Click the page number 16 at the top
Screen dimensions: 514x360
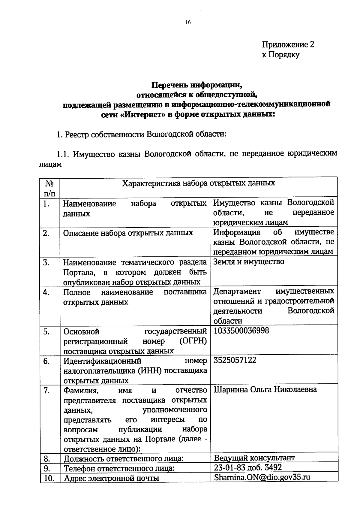(x=188, y=22)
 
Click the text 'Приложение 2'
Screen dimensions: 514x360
(x=288, y=45)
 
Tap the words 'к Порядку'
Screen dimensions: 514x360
(x=280, y=55)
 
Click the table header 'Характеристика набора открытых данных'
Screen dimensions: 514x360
(x=198, y=183)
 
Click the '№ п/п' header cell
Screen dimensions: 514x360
(x=50, y=188)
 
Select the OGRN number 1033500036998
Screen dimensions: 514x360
(x=241, y=331)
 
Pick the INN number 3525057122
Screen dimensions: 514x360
(x=235, y=360)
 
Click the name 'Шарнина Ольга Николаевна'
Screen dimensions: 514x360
(x=265, y=390)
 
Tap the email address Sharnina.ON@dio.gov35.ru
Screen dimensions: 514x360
(x=262, y=477)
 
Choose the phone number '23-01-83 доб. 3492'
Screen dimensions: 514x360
(x=248, y=467)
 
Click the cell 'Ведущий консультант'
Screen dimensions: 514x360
(x=254, y=458)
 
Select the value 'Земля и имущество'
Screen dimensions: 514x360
(x=249, y=262)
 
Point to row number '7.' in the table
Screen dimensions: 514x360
(x=46, y=391)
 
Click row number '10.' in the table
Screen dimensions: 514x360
(x=49, y=479)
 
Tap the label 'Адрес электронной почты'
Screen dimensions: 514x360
(x=112, y=478)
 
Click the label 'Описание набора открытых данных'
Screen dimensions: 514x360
(x=128, y=233)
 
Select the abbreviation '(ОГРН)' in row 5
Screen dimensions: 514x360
(x=193, y=341)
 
